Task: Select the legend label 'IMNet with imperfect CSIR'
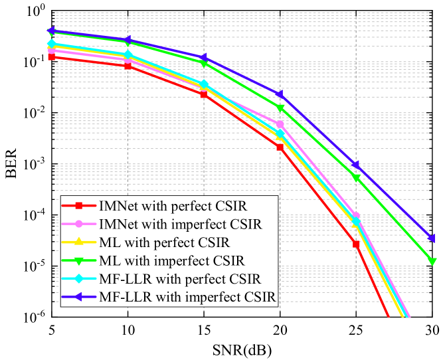tap(179, 224)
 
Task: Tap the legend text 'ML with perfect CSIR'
tap(163, 242)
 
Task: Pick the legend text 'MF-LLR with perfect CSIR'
tap(179, 278)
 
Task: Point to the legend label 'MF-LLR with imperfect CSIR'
tap(187, 296)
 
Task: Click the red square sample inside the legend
tap(79, 206)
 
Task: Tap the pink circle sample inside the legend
tap(79, 224)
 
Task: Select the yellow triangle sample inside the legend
tap(79, 242)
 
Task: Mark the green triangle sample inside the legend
tap(79, 260)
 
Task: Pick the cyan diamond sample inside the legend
tap(79, 278)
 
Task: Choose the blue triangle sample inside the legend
tap(79, 296)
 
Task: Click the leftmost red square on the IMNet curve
tap(51, 57)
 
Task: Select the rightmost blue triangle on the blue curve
tap(432, 238)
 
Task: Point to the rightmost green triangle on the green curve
tap(432, 262)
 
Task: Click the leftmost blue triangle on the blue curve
tap(50, 31)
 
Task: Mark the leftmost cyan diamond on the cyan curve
tap(51, 45)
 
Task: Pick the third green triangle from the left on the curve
tap(204, 64)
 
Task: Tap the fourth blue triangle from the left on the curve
tap(280, 94)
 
